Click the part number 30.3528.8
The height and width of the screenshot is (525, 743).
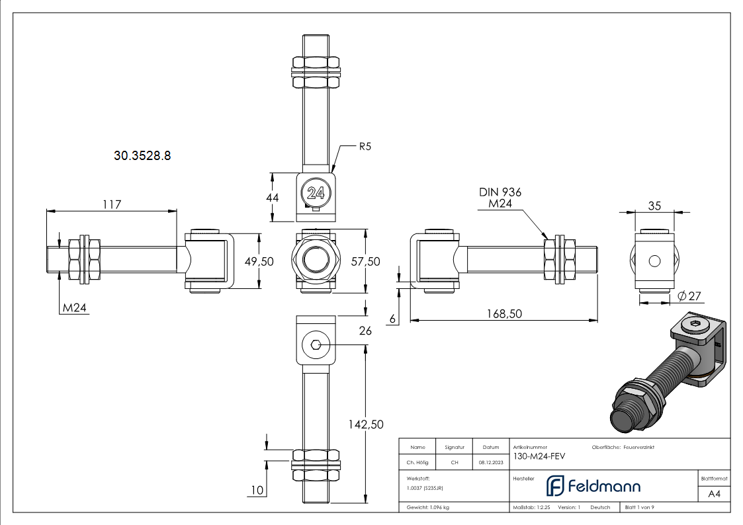tap(142, 156)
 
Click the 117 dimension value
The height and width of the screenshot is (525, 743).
tap(112, 204)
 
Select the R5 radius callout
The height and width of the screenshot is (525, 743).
tap(365, 147)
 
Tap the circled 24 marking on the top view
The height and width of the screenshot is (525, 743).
tap(316, 194)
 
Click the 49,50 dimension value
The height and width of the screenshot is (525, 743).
tap(259, 261)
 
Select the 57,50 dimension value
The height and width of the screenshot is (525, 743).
tap(365, 261)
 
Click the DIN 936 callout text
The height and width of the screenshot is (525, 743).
tap(500, 192)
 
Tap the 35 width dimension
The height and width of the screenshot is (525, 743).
tap(654, 206)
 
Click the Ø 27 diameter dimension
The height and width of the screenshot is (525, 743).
tap(689, 296)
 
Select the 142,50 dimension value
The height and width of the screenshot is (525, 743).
tap(366, 424)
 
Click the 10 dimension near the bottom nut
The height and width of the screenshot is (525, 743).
tap(258, 490)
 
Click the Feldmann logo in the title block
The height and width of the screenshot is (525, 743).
tap(593, 486)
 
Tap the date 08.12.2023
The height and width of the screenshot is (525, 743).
tap(490, 462)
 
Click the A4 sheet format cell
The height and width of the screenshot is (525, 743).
tap(714, 493)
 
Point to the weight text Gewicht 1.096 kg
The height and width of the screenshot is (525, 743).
tap(428, 507)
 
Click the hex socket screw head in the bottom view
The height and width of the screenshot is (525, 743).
tap(316, 344)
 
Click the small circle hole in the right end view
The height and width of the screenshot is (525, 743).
tap(654, 261)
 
